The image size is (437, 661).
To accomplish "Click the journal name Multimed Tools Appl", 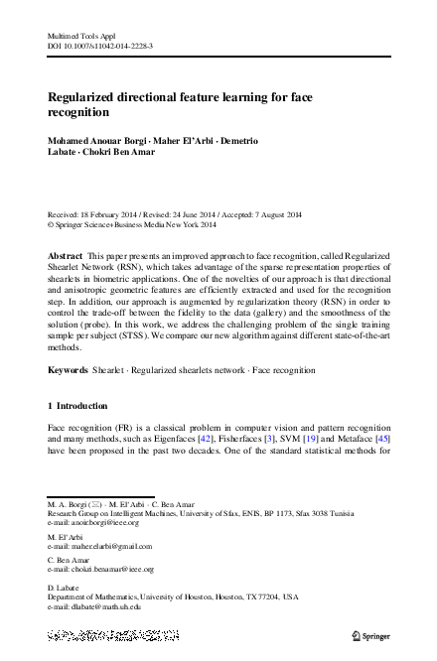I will coord(77,35).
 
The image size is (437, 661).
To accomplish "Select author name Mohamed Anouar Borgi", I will coord(97,141).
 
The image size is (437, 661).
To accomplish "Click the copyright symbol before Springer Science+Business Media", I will coord(52,225).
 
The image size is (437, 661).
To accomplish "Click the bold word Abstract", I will coord(66,256).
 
